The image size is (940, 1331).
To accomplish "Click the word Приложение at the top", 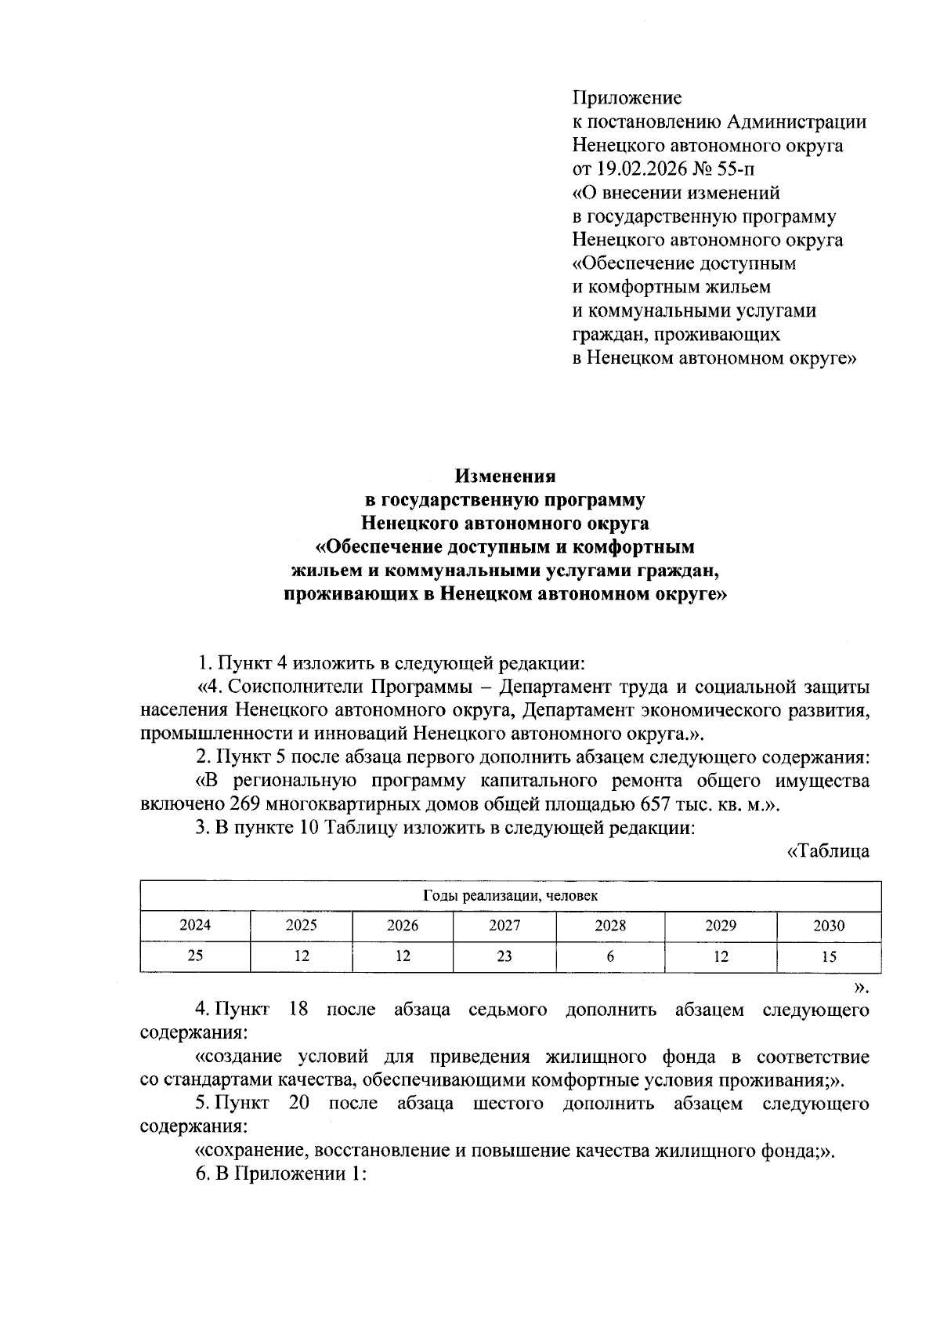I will point(627,98).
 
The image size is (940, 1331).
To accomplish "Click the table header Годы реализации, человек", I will point(511,895).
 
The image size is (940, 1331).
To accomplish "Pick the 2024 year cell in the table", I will point(195,925).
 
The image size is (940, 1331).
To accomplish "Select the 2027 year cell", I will point(504,925).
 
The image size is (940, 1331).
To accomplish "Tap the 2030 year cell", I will point(829,925).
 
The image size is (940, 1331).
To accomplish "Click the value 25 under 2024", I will point(195,956).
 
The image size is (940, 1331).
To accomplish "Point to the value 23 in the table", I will point(504,956).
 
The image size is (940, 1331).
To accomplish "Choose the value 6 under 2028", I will point(609,956).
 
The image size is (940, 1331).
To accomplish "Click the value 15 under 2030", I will point(829,956).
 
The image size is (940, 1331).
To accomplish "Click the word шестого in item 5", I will point(508,1103).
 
